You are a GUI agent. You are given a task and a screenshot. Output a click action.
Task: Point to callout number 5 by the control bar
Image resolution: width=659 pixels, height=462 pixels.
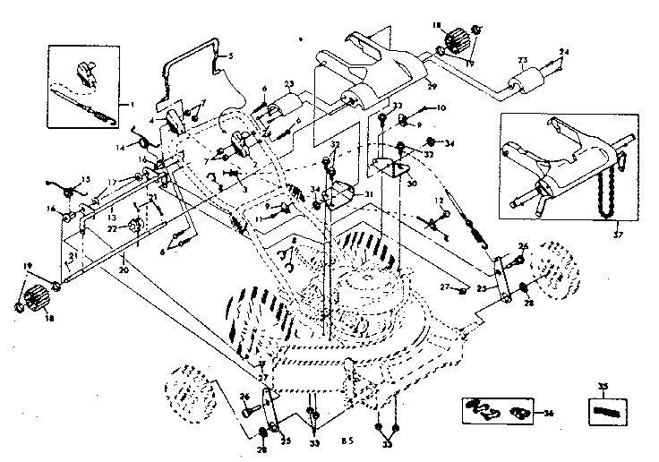(x=230, y=56)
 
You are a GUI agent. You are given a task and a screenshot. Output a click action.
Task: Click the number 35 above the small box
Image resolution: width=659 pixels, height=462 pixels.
(x=603, y=387)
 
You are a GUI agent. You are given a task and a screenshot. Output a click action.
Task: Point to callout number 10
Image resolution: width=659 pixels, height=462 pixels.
(x=440, y=107)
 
